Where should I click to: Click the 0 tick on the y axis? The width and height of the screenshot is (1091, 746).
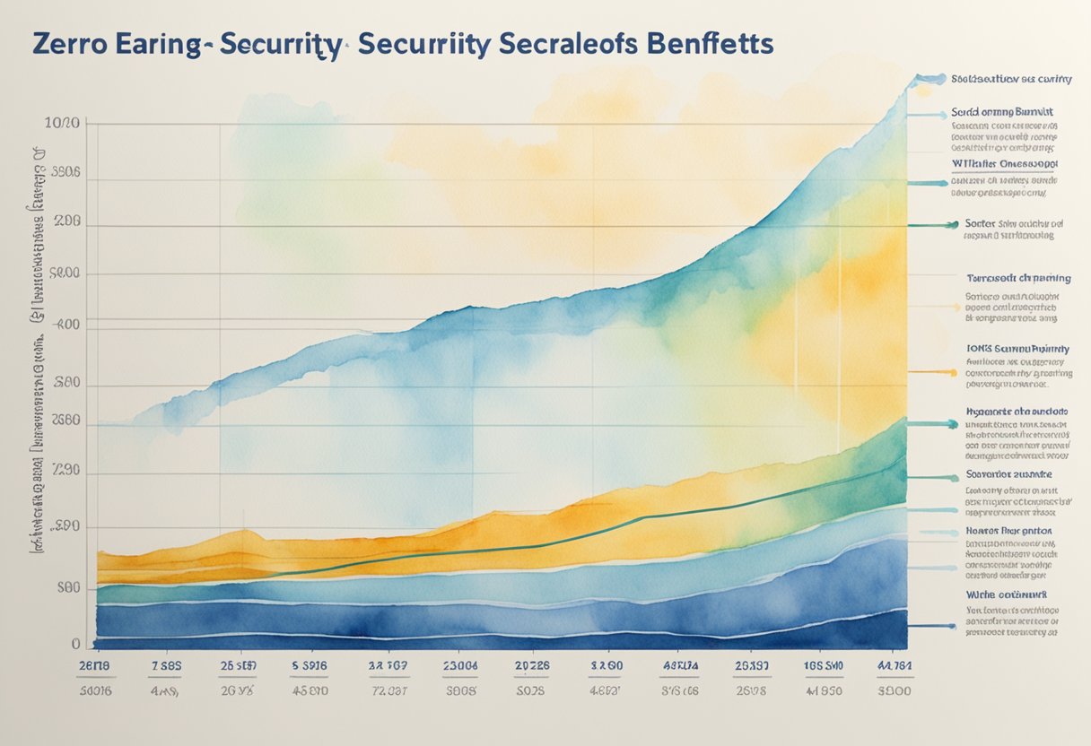coord(77,644)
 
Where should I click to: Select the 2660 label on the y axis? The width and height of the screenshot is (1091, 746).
coord(66,420)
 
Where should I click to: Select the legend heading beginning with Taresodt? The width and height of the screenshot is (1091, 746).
coord(1017,278)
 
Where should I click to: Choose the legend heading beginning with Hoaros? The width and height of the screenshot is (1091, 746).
coord(1008,531)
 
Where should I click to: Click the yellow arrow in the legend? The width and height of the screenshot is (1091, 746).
coord(930,370)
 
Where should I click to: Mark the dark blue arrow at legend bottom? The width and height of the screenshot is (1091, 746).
coord(930,625)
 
